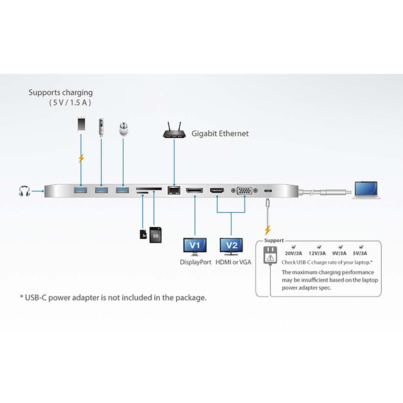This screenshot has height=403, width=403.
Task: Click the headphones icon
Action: coord(25,191)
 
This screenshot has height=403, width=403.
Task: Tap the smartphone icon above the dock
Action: coord(81,125)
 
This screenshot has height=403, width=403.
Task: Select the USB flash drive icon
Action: coord(101,128)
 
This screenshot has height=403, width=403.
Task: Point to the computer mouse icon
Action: coord(123,129)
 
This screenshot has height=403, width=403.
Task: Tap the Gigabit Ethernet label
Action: coord(220,134)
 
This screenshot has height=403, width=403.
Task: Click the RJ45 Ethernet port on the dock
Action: coord(174,190)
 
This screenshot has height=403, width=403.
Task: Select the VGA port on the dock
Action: coord(244,190)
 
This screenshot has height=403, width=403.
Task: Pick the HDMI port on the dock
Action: coord(217,190)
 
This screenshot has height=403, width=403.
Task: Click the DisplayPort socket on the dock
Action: coord(194,190)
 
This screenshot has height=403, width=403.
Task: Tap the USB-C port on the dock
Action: coord(268,191)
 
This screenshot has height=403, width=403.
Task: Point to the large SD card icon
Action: coord(155,235)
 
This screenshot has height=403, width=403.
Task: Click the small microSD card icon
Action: coord(143,234)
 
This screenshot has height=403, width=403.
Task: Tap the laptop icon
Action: coord(366,190)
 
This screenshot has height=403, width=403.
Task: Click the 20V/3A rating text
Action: coord(294,254)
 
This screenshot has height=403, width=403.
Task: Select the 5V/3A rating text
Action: coord(360,254)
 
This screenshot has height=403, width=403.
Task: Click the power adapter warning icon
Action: coord(270,256)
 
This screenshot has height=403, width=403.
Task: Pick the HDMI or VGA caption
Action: coord(233,262)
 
